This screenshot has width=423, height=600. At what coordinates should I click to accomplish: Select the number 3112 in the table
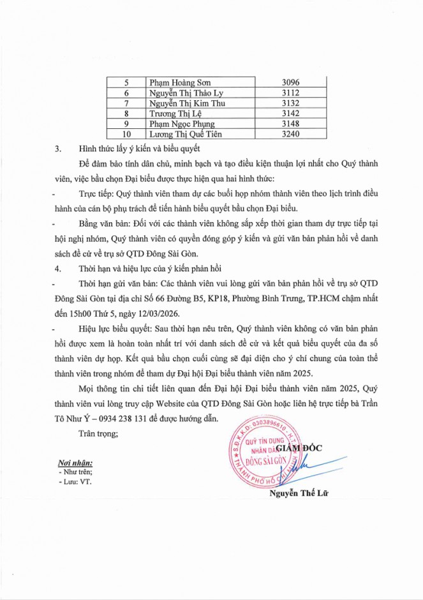coord(290,93)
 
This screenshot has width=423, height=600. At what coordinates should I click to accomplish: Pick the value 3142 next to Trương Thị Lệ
coord(290,114)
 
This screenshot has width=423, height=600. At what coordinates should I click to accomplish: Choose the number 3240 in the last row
coord(290,134)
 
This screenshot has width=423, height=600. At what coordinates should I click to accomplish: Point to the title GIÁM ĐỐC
coord(300,447)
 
